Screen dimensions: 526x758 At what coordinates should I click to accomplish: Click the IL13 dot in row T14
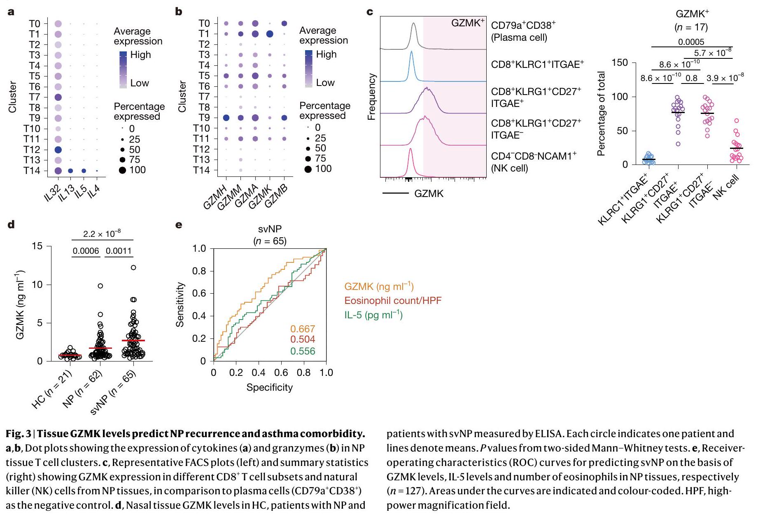click(x=70, y=171)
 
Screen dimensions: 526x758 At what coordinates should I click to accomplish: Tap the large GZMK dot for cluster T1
click(x=270, y=34)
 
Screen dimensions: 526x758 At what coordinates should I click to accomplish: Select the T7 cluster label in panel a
click(x=35, y=97)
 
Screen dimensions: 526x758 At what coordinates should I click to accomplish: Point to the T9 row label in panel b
click(x=204, y=118)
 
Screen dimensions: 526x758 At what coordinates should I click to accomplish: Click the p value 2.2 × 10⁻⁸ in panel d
click(x=102, y=234)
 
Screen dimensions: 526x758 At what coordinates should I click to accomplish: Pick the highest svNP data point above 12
click(x=133, y=268)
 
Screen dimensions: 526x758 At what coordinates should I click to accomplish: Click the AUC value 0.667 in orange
click(x=303, y=329)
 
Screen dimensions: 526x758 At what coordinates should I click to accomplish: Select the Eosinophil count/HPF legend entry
click(x=393, y=301)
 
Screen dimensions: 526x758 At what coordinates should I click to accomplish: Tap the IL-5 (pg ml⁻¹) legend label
click(x=373, y=315)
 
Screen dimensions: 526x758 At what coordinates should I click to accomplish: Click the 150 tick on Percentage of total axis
click(x=620, y=63)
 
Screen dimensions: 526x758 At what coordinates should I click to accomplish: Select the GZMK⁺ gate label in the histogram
click(x=467, y=23)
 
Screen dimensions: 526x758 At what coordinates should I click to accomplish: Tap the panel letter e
click(x=178, y=225)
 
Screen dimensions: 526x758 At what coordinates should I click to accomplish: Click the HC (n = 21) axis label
click(x=51, y=389)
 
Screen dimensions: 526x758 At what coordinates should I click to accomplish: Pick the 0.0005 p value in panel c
click(x=691, y=42)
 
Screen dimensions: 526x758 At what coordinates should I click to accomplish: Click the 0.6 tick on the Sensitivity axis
click(x=199, y=294)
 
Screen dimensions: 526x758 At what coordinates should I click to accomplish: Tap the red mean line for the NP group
click(x=100, y=348)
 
